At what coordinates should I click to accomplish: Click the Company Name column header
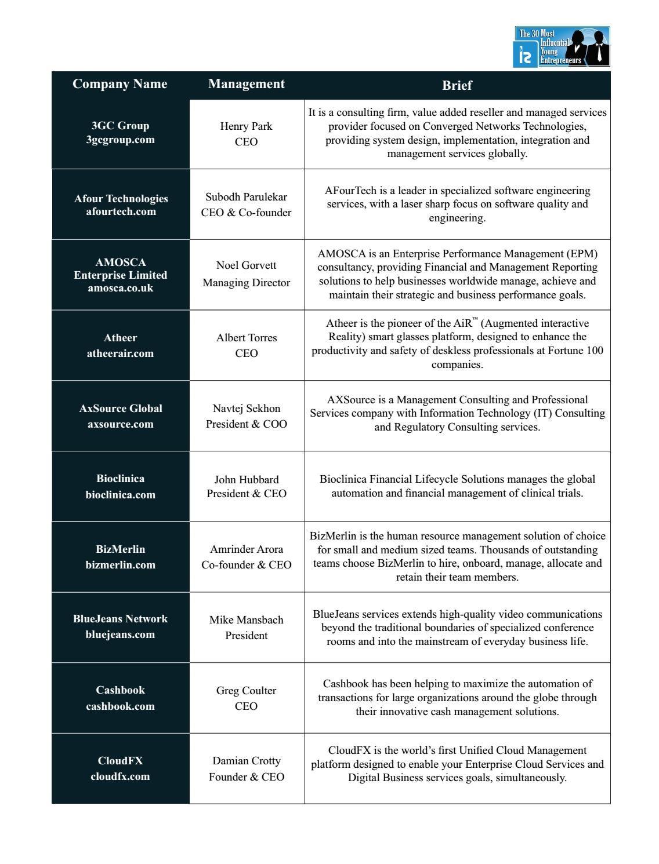point(120,84)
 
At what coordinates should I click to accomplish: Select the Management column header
point(247,84)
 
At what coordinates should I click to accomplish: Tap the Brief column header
point(457,85)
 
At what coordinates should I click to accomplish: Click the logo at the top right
point(562,46)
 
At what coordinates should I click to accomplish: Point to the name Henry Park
point(246,126)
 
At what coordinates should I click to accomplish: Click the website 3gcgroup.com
point(121,140)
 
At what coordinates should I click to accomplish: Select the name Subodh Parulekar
point(246,197)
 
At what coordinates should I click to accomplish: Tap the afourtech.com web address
point(121,212)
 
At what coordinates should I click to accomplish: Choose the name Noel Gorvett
point(246,265)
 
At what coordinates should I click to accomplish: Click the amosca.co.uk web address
point(121,288)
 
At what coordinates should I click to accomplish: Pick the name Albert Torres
point(247,338)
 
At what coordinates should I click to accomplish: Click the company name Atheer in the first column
point(120,338)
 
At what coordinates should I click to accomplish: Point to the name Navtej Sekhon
point(246,409)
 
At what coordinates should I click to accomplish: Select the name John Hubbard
point(247,480)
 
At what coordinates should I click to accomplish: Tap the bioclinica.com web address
point(121,495)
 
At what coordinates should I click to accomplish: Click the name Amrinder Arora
point(247,549)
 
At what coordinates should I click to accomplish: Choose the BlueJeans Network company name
point(120,619)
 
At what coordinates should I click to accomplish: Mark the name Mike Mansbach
point(247,620)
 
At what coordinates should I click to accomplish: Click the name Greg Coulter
point(246,691)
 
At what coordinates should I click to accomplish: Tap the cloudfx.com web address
point(120,776)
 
